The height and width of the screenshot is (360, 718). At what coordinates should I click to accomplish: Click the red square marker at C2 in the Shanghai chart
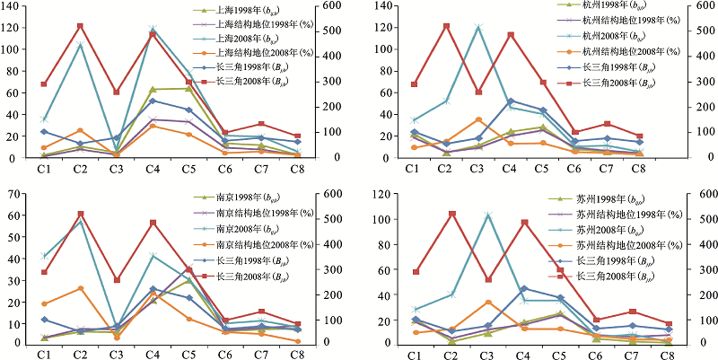click(80, 26)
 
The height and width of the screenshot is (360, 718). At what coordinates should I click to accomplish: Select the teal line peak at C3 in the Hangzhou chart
click(478, 27)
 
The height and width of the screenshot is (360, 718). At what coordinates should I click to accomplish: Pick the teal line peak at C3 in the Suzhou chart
click(488, 215)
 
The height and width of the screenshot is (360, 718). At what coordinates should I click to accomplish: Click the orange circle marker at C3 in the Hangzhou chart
click(478, 119)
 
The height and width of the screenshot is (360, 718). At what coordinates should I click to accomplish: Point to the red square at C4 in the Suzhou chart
click(524, 222)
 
